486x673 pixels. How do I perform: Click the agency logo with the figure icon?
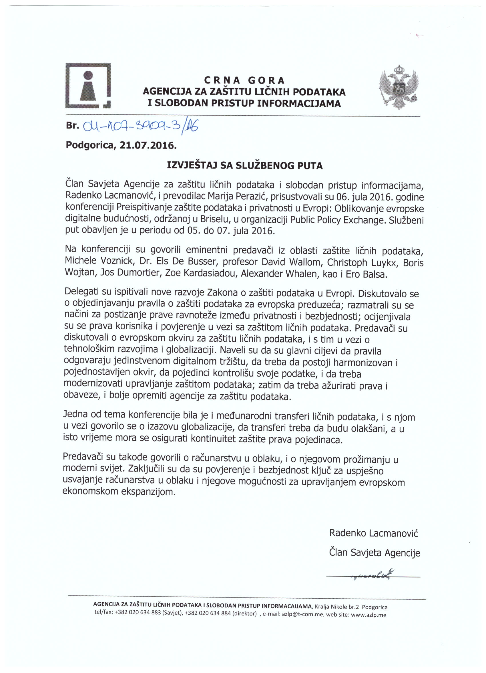pyautogui.click(x=88, y=86)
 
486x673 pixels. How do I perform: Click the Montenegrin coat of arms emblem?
pyautogui.click(x=399, y=87)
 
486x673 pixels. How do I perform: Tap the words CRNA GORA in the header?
pyautogui.click(x=244, y=80)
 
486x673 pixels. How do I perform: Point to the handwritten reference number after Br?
pyautogui.click(x=141, y=127)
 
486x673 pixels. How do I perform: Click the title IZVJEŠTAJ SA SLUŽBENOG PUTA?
pyautogui.click(x=245, y=165)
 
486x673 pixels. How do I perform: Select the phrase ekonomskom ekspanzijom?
pyautogui.click(x=119, y=492)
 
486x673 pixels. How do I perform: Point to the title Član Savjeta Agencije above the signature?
pyautogui.click(x=375, y=553)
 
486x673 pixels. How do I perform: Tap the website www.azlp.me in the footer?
pyautogui.click(x=369, y=615)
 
